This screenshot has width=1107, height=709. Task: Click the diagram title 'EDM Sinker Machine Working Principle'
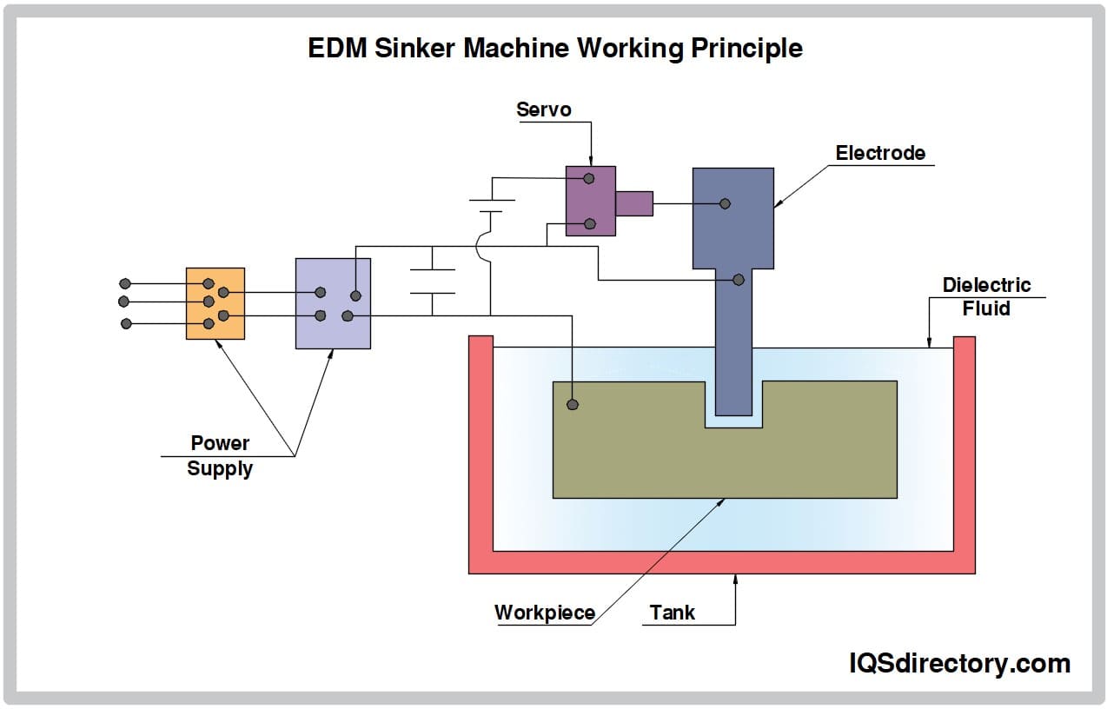(554, 48)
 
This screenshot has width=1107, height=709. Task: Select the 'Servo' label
(544, 109)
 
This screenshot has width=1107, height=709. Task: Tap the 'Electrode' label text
(880, 153)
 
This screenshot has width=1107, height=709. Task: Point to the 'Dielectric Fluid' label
(986, 296)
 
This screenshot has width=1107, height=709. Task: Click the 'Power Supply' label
(220, 455)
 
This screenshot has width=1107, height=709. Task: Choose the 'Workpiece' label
(544, 613)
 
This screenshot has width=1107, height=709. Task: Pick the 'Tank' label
(672, 613)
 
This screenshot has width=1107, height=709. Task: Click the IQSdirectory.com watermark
(958, 664)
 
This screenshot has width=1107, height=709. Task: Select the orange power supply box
(215, 303)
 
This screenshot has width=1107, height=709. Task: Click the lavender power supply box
(333, 303)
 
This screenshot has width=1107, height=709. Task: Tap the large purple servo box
(590, 201)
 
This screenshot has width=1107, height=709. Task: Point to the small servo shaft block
(633, 203)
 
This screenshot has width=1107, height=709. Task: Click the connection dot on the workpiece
(572, 404)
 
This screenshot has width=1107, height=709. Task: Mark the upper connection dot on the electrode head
(725, 203)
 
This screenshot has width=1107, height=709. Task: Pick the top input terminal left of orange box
(125, 283)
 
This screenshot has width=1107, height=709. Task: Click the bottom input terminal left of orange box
(126, 323)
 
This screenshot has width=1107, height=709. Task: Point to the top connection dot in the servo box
(588, 178)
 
